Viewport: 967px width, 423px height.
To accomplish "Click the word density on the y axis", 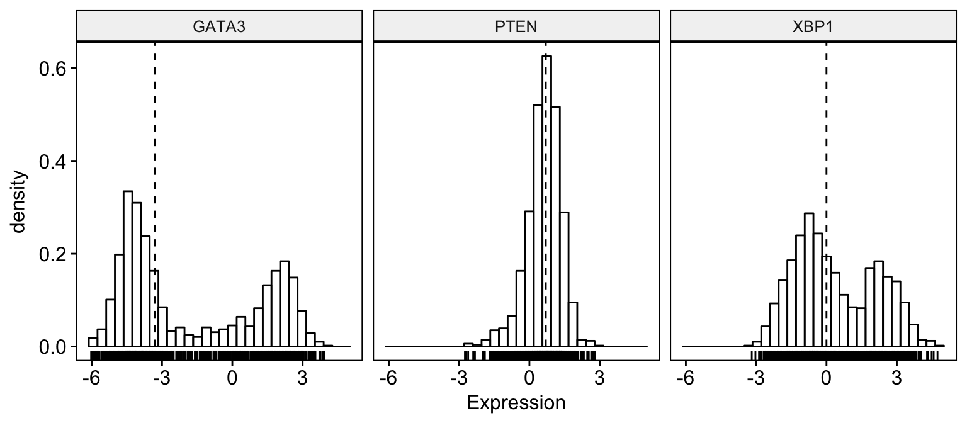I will click(x=20, y=201).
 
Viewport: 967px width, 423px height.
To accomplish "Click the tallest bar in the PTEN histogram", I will click(x=546, y=201).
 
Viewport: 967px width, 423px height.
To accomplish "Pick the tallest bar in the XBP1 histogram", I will click(x=809, y=280).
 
